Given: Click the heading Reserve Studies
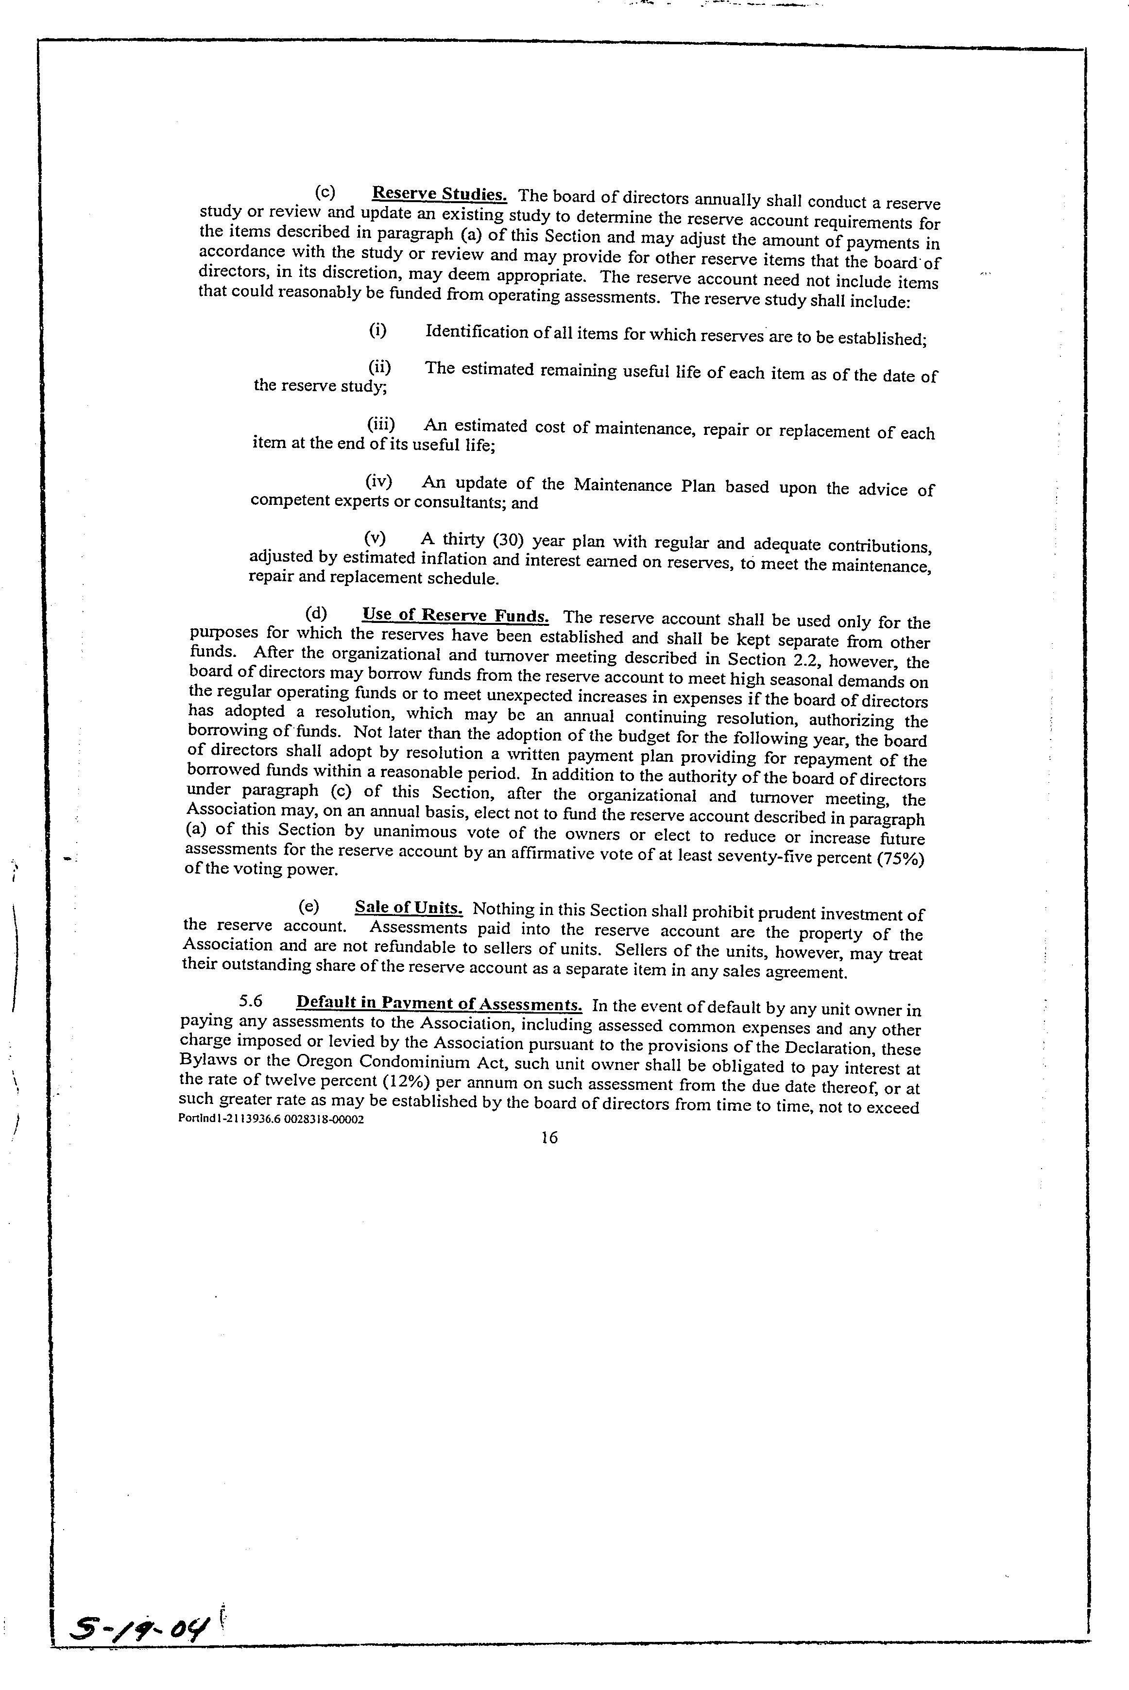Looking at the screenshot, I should pyautogui.click(x=439, y=194).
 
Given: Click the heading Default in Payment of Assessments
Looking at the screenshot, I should pyautogui.click(x=439, y=1003).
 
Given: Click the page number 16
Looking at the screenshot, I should pyautogui.click(x=548, y=1138).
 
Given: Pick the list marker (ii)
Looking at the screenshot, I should pyautogui.click(x=379, y=367).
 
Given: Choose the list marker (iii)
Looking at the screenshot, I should pyautogui.click(x=381, y=424).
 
